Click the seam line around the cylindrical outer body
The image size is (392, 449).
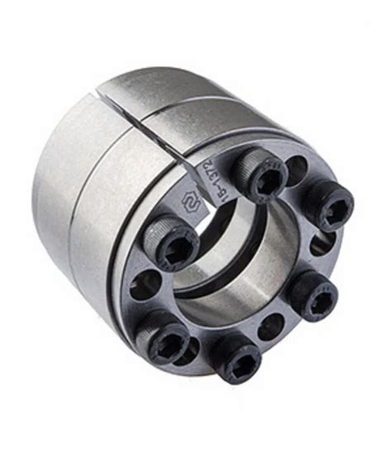coord(98,207)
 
